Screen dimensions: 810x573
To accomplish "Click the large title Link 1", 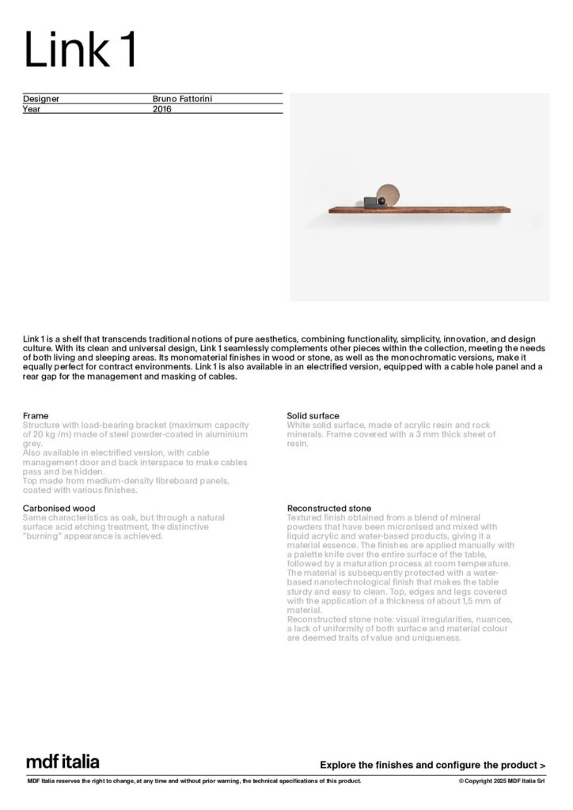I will pyautogui.click(x=81, y=50).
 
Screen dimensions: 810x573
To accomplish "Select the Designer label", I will pyautogui.click(x=41, y=99).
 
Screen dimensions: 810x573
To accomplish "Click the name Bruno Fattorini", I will pyautogui.click(x=183, y=99).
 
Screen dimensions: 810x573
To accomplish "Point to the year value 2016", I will pyautogui.click(x=161, y=109).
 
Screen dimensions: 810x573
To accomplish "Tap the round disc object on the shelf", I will pyautogui.click(x=388, y=195).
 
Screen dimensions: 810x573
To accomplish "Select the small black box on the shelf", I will pyautogui.click(x=370, y=202).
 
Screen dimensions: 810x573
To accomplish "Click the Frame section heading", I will pyautogui.click(x=36, y=415).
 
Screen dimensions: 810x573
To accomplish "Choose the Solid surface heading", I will pyautogui.click(x=313, y=415).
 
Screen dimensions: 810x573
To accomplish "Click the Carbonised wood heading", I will pyautogui.click(x=59, y=508).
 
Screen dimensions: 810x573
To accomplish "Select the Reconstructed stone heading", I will pyautogui.click(x=328, y=508).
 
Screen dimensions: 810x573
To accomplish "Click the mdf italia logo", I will pyautogui.click(x=63, y=762).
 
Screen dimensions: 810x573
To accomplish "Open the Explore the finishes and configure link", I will pyautogui.click(x=432, y=765).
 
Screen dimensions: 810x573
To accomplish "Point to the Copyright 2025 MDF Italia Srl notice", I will pyautogui.click(x=502, y=782).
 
